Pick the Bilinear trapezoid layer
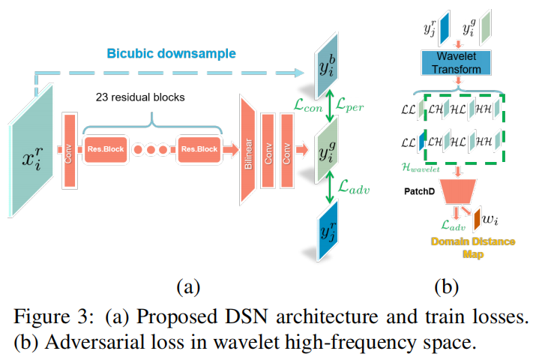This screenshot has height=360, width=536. point(249,150)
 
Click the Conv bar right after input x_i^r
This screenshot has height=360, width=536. point(69,148)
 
